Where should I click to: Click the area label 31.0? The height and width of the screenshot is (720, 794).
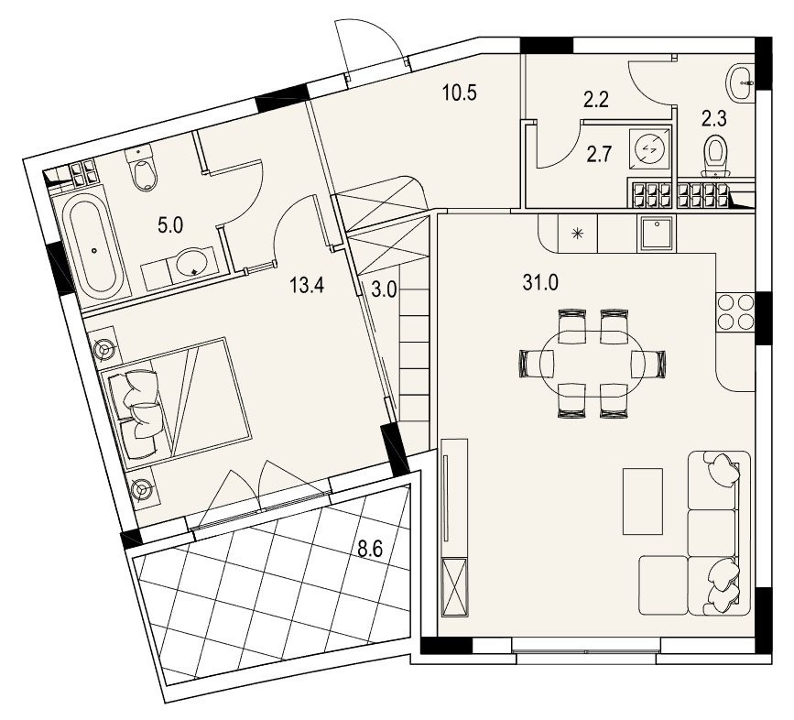540,282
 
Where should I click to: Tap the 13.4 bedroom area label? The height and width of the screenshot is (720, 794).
307,286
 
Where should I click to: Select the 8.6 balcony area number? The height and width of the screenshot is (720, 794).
370,549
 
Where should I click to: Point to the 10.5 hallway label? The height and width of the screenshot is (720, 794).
460,93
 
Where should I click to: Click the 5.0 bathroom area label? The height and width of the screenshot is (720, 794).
170,225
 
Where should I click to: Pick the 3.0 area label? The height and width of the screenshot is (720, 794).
384,291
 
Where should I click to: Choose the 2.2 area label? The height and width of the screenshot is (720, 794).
596,100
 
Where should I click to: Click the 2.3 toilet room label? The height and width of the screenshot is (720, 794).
714,119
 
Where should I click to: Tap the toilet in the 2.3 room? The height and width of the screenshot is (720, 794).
715,156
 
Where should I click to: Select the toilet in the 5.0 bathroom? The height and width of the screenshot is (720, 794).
143,169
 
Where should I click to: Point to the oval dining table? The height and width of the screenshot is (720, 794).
593,363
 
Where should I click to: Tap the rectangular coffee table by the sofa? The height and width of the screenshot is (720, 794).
643,501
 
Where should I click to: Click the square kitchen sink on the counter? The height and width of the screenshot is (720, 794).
657,233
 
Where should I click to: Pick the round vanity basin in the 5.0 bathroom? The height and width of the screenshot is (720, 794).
191,262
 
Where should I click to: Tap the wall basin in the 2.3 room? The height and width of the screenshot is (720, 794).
741,82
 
